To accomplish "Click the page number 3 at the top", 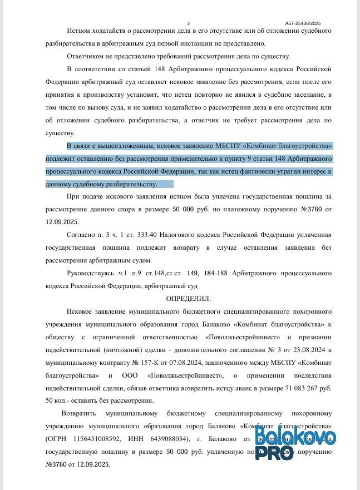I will click(x=188, y=23).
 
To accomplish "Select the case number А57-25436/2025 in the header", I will click(x=303, y=23).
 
